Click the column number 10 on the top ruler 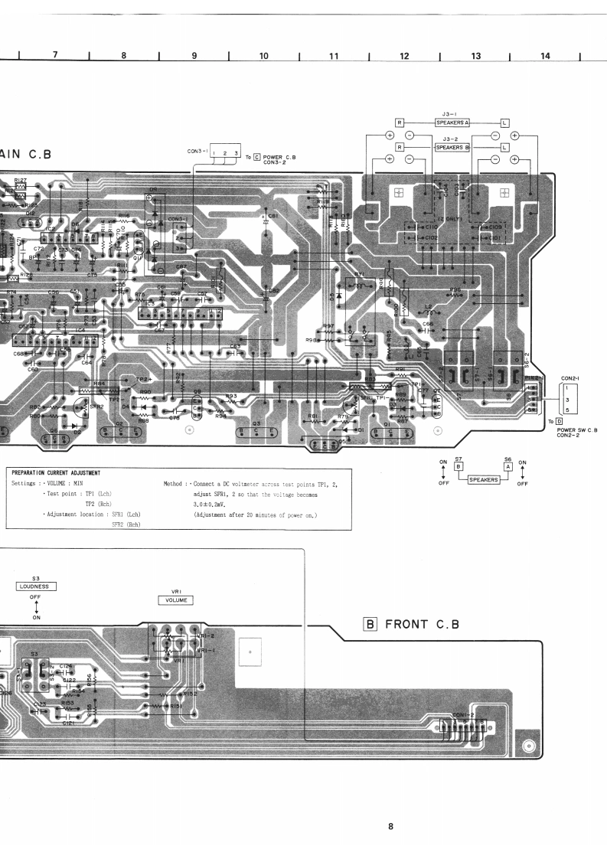(263, 55)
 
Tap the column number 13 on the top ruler (475, 55)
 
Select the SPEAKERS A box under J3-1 (454, 122)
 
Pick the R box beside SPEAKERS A (399, 122)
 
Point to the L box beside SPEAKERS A (504, 122)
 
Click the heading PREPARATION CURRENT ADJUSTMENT (57, 472)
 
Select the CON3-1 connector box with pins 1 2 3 (225, 153)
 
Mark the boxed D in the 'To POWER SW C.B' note (559, 421)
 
